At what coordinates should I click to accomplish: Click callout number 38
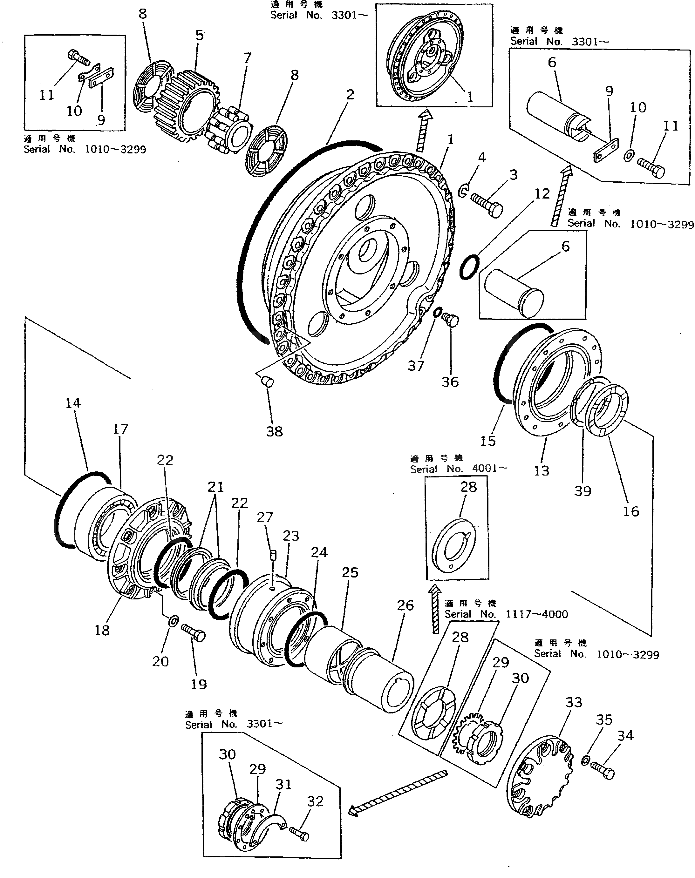274,431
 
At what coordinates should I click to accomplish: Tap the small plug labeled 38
267,382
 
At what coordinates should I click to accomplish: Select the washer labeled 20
173,621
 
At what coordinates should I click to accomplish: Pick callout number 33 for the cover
574,702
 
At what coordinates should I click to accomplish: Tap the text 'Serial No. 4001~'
459,469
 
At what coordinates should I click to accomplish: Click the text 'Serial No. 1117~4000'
506,614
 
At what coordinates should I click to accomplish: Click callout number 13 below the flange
541,470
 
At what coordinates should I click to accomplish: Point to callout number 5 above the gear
199,35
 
